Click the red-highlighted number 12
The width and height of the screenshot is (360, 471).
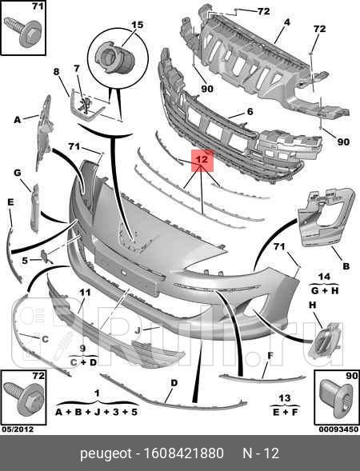202,159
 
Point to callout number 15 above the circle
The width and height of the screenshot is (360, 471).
138,24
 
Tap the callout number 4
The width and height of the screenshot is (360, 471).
287,22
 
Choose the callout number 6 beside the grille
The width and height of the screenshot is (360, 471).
250,111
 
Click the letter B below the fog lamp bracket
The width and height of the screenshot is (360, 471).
346,265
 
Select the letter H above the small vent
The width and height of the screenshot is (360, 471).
313,305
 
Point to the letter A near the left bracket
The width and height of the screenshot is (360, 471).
18,120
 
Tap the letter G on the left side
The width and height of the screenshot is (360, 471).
18,173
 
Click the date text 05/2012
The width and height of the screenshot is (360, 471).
18,429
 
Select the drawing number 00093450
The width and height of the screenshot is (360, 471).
338,429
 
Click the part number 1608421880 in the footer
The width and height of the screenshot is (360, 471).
184,453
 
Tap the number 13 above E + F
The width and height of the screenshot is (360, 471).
284,398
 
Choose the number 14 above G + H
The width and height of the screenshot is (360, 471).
324,277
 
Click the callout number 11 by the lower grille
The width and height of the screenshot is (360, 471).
85,292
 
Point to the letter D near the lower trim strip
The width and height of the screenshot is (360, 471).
174,383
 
